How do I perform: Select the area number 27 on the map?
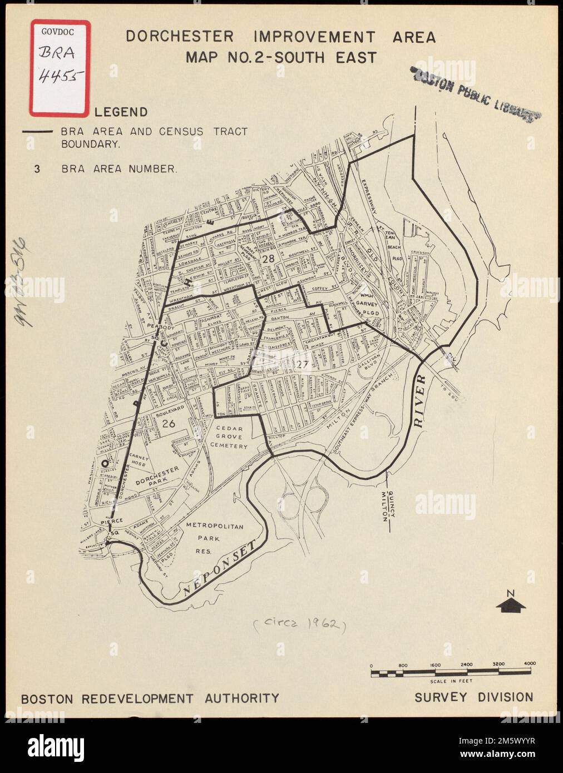pos(302,365)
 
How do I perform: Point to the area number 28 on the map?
pos(268,259)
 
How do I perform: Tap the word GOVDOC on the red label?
pos(57,32)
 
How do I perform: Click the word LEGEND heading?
pos(121,112)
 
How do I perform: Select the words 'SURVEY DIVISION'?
pos(473,697)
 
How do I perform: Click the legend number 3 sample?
pos(37,169)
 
